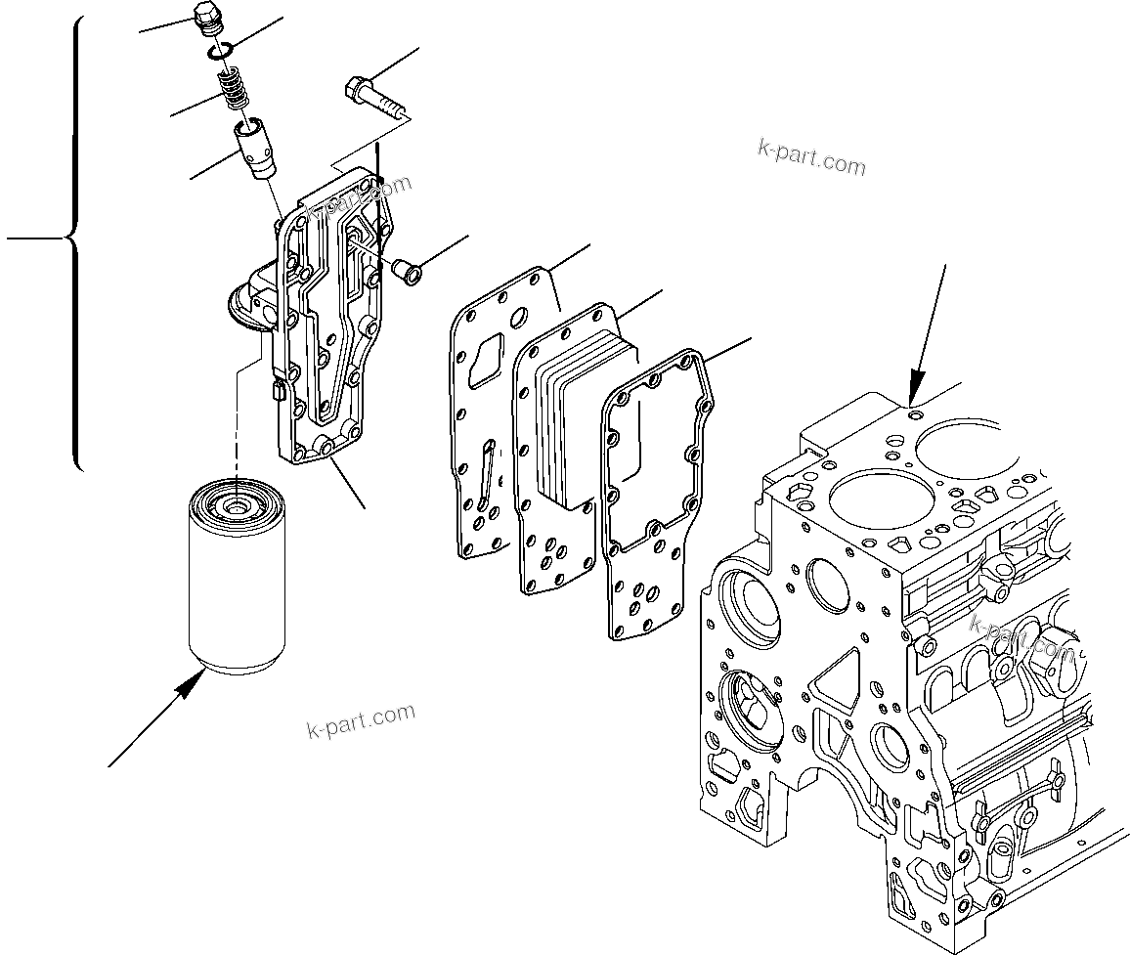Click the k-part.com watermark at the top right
point(811,157)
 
